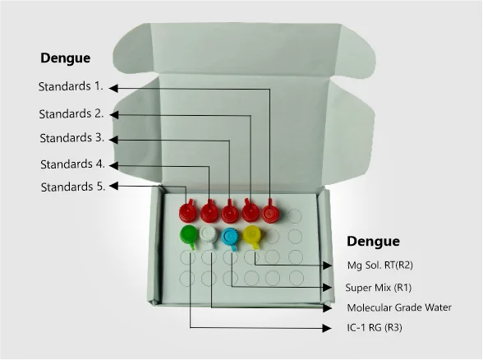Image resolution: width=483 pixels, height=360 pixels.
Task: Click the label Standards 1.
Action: click(71, 86)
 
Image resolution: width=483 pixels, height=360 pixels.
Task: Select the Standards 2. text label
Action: click(71, 113)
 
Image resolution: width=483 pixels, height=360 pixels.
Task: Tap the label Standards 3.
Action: click(71, 138)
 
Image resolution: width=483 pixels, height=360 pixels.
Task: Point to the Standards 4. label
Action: click(72, 164)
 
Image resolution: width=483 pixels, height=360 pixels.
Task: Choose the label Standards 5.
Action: click(73, 187)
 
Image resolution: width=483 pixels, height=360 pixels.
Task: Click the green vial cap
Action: click(188, 235)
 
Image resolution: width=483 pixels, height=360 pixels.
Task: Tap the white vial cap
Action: click(209, 236)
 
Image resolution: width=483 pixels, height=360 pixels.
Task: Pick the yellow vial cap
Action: click(252, 236)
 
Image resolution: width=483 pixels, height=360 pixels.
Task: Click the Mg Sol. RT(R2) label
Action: click(379, 265)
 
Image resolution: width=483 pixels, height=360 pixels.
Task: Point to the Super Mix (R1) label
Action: click(378, 288)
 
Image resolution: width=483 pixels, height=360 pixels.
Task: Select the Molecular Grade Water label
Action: click(399, 307)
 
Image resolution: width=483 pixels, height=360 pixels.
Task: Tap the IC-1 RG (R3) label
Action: click(375, 327)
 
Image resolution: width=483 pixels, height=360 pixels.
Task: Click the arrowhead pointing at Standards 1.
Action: click(113, 88)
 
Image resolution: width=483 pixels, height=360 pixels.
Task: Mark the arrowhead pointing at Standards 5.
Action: click(113, 186)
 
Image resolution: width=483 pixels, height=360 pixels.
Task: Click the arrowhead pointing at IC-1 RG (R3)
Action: click(327, 328)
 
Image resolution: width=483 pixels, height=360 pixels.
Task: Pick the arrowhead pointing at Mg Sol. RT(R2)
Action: click(328, 265)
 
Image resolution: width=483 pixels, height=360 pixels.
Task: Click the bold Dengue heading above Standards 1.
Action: click(66, 58)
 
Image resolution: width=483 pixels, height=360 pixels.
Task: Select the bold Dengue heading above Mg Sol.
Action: click(373, 241)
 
